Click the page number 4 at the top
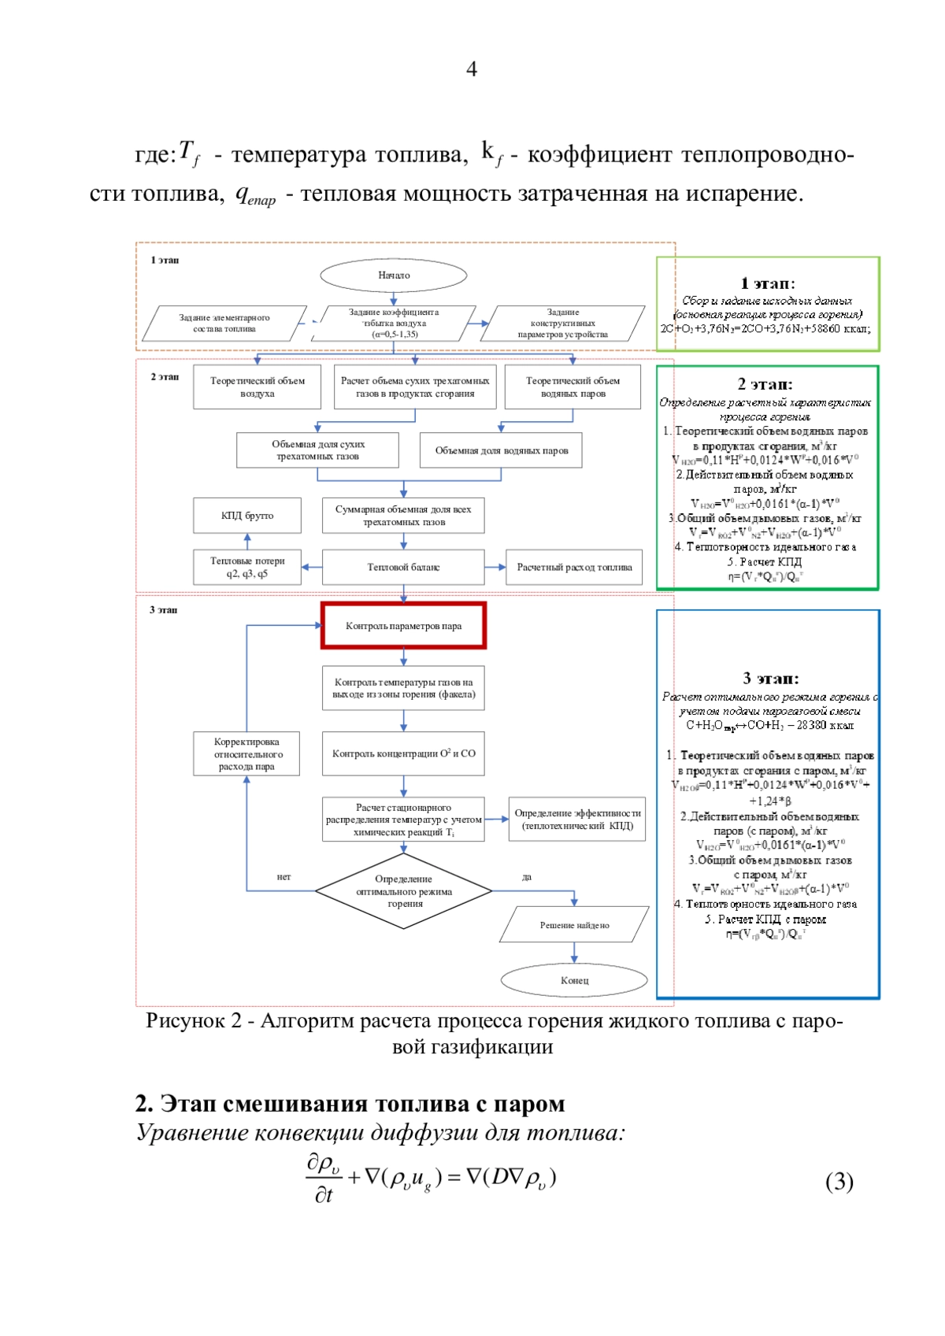472,69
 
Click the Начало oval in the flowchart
393,276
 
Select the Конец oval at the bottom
574,980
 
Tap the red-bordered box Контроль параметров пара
403,626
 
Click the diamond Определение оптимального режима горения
404,891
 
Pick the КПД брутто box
247,516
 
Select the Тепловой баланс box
403,567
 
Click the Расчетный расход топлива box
574,567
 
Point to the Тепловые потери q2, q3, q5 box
247,567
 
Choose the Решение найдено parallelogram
574,925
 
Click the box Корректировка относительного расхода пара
246,753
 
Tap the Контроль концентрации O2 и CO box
403,753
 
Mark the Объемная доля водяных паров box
501,450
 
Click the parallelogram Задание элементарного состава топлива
224,323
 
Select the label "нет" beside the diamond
283,876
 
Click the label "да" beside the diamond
527,876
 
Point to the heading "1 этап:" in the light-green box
768,283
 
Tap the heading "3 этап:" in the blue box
770,678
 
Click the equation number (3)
839,1181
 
